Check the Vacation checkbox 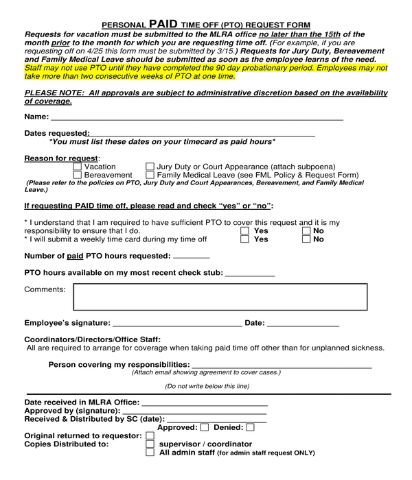77,167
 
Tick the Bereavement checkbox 77,176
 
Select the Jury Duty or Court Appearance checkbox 150,167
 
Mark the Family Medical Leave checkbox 150,176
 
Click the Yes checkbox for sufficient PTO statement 244,231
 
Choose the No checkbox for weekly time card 306,240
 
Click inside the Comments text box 220,297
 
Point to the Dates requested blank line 202,134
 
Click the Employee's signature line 176,324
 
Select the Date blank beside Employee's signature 303,324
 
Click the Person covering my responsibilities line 282,365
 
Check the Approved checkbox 204,428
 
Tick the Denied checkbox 249,428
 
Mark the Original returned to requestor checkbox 150,436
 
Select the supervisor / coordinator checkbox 150,444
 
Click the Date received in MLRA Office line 204,403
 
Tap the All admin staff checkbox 150,453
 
